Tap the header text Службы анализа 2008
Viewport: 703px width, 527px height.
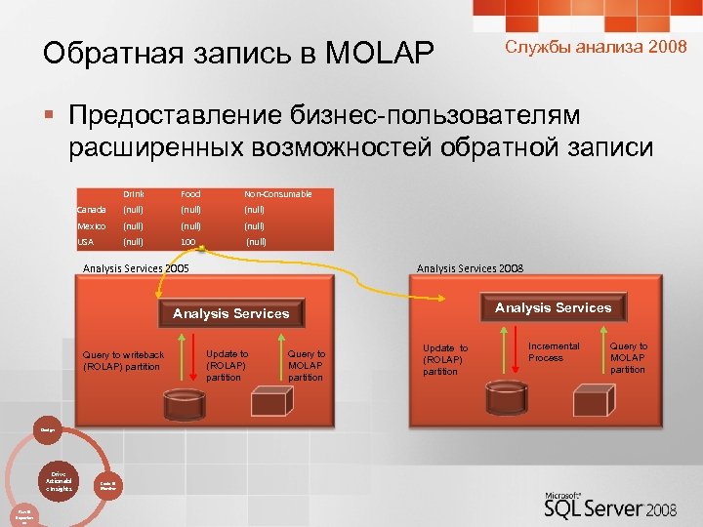coord(596,47)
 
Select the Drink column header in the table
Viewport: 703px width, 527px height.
coord(133,193)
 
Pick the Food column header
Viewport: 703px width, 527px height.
coord(190,193)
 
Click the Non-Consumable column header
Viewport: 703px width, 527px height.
coord(278,193)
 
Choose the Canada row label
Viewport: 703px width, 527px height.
coord(92,209)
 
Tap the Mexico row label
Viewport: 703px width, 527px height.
coord(92,225)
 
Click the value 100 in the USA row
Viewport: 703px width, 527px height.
coord(188,241)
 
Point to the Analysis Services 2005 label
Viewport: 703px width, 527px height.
coord(137,268)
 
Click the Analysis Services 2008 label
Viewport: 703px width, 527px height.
coord(470,268)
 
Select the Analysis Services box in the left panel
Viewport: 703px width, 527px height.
coord(231,313)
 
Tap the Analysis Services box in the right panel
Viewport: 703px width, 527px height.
coord(554,307)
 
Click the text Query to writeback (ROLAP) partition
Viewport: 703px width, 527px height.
coord(124,360)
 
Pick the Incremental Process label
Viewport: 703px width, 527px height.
coord(554,351)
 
